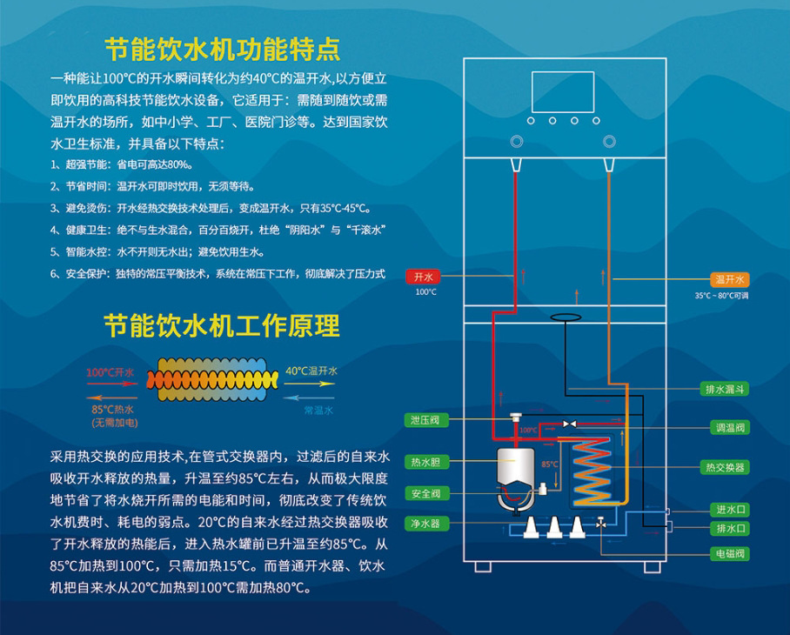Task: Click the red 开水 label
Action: [424, 277]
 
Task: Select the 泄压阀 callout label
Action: [425, 420]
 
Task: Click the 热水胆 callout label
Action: [425, 462]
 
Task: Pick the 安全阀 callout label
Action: [425, 494]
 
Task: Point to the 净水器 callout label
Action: [425, 524]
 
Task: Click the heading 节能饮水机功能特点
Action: [222, 46]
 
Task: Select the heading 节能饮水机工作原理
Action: [222, 325]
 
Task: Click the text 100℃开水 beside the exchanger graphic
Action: [110, 372]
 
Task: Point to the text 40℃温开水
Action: [311, 371]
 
